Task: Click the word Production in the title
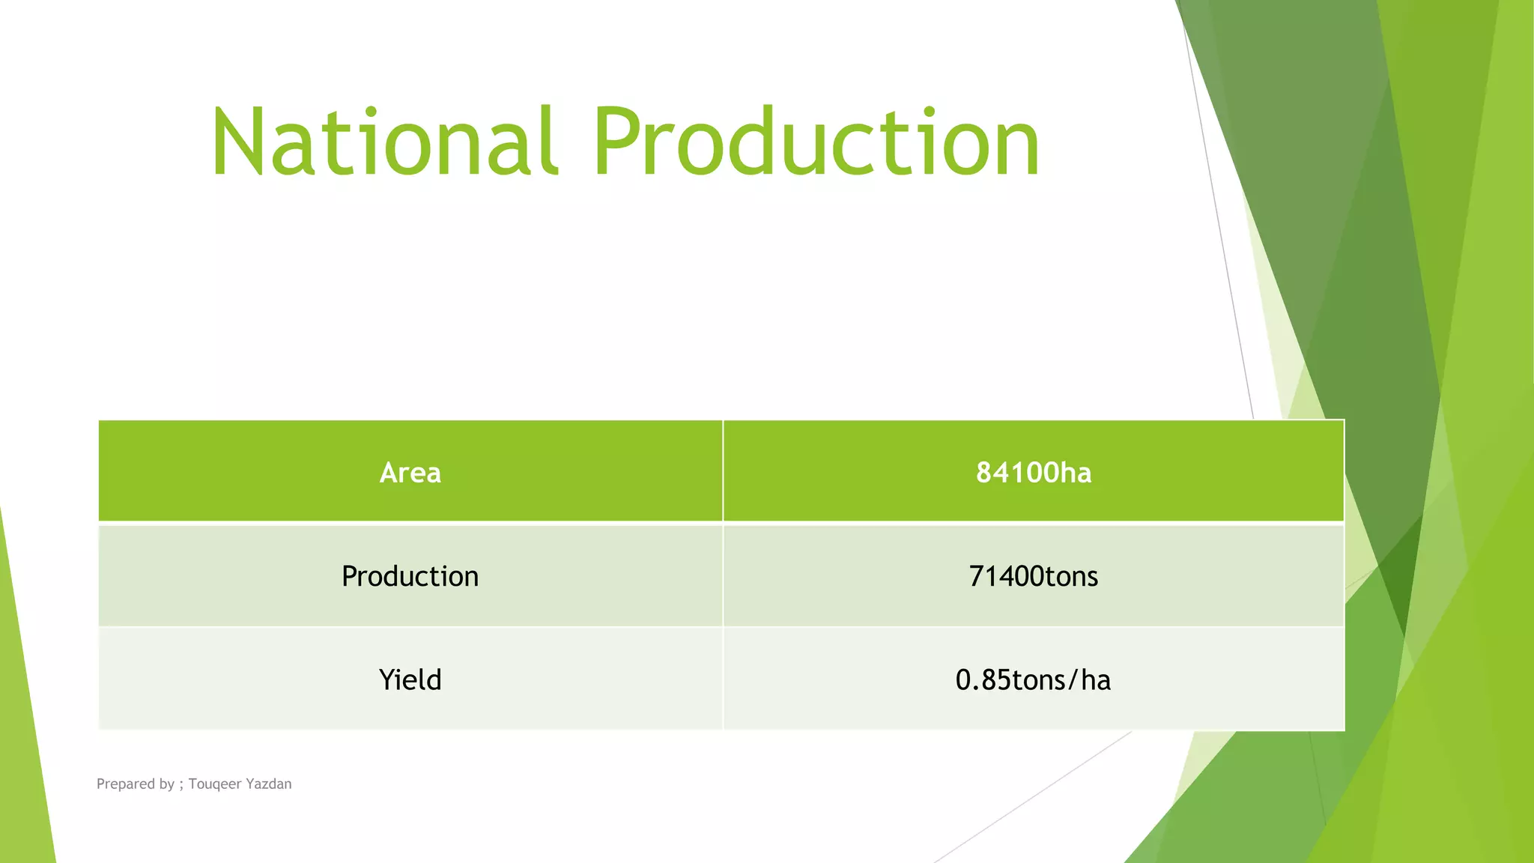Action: click(x=816, y=142)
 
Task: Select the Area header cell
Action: click(x=410, y=473)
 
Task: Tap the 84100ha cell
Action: click(x=1034, y=473)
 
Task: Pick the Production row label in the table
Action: click(x=410, y=576)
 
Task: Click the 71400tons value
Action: click(x=1034, y=576)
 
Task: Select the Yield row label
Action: click(x=410, y=679)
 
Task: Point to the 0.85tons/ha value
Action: click(x=1034, y=679)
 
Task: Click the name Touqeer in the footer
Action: click(x=215, y=784)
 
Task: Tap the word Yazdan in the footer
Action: click(x=269, y=784)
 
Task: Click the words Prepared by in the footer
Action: click(x=135, y=784)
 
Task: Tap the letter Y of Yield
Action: click(x=387, y=679)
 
